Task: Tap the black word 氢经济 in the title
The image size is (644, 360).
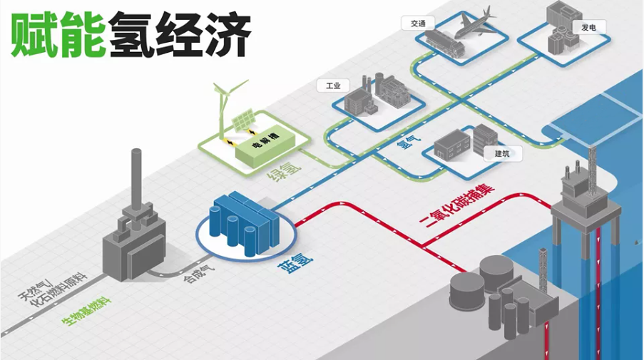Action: click(x=179, y=34)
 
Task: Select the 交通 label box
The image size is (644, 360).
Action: click(x=417, y=23)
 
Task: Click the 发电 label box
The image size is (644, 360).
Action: click(x=588, y=27)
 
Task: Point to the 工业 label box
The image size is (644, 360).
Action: click(x=333, y=86)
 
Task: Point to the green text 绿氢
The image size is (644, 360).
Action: click(x=286, y=170)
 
